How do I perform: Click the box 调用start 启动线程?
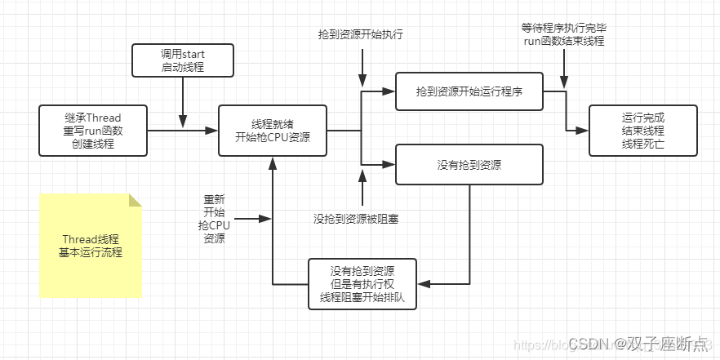tap(183, 60)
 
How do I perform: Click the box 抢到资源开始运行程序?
tap(469, 92)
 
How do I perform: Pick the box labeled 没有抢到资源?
tap(469, 164)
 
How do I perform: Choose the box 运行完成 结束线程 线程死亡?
tap(643, 130)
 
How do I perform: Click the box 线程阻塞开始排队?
tap(362, 284)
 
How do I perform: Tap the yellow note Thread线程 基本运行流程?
tap(90, 246)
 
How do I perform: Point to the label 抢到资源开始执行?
tap(362, 35)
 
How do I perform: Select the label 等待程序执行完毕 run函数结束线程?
tap(563, 34)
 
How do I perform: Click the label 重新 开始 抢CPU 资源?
tap(214, 219)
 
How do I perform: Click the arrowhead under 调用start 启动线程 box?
tap(183, 122)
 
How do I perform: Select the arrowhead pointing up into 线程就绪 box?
tap(272, 162)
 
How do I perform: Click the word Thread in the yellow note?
tap(79, 239)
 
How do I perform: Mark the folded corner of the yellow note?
tap(135, 200)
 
